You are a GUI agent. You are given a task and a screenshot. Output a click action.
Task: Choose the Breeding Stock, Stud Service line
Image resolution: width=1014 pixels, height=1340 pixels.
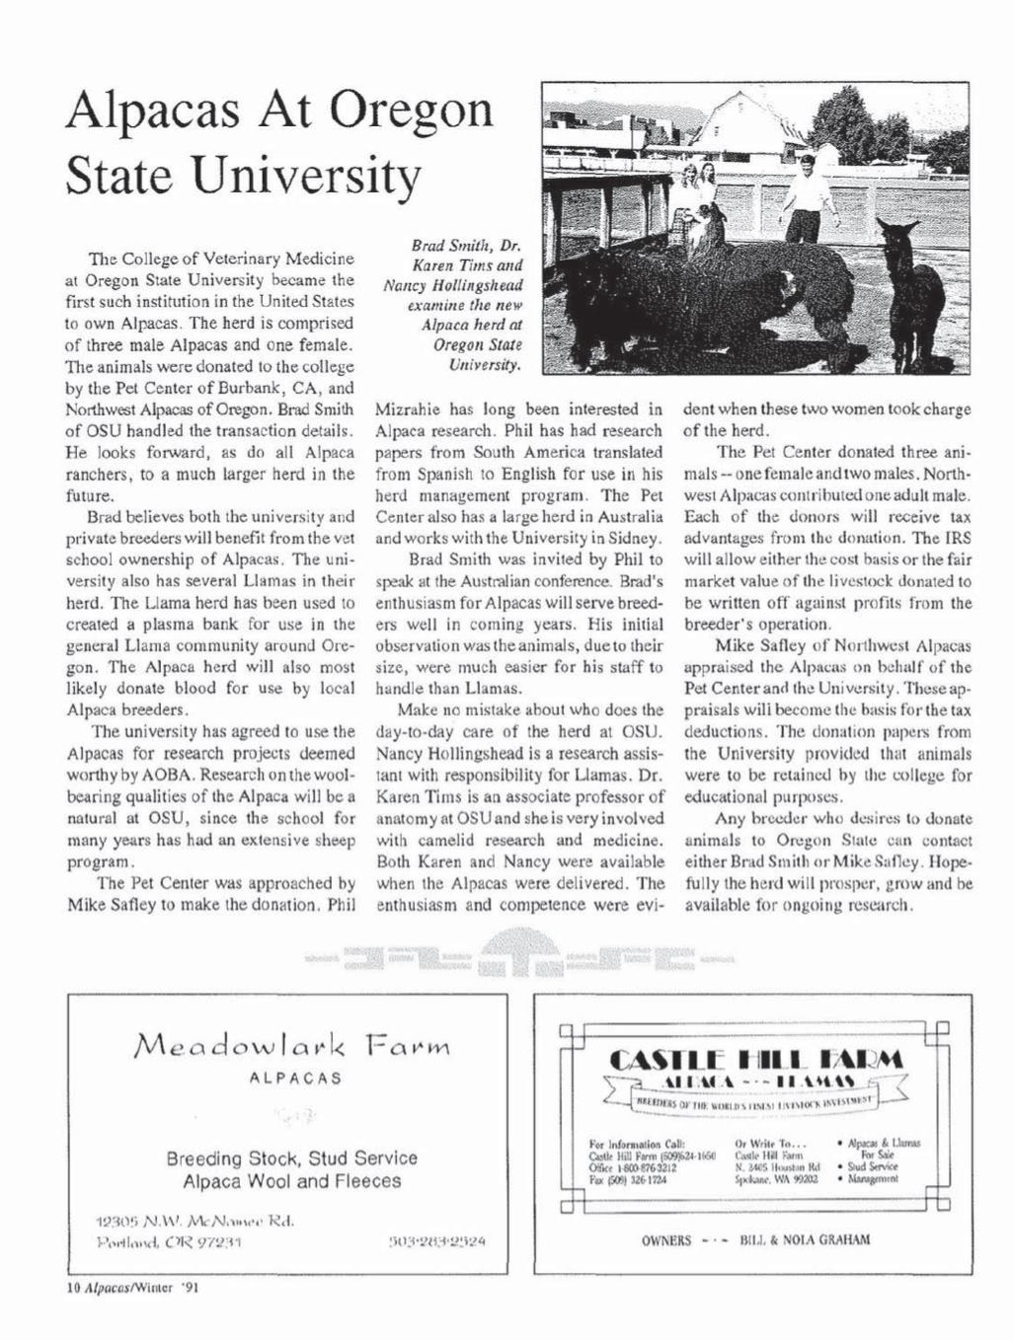tap(291, 1157)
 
